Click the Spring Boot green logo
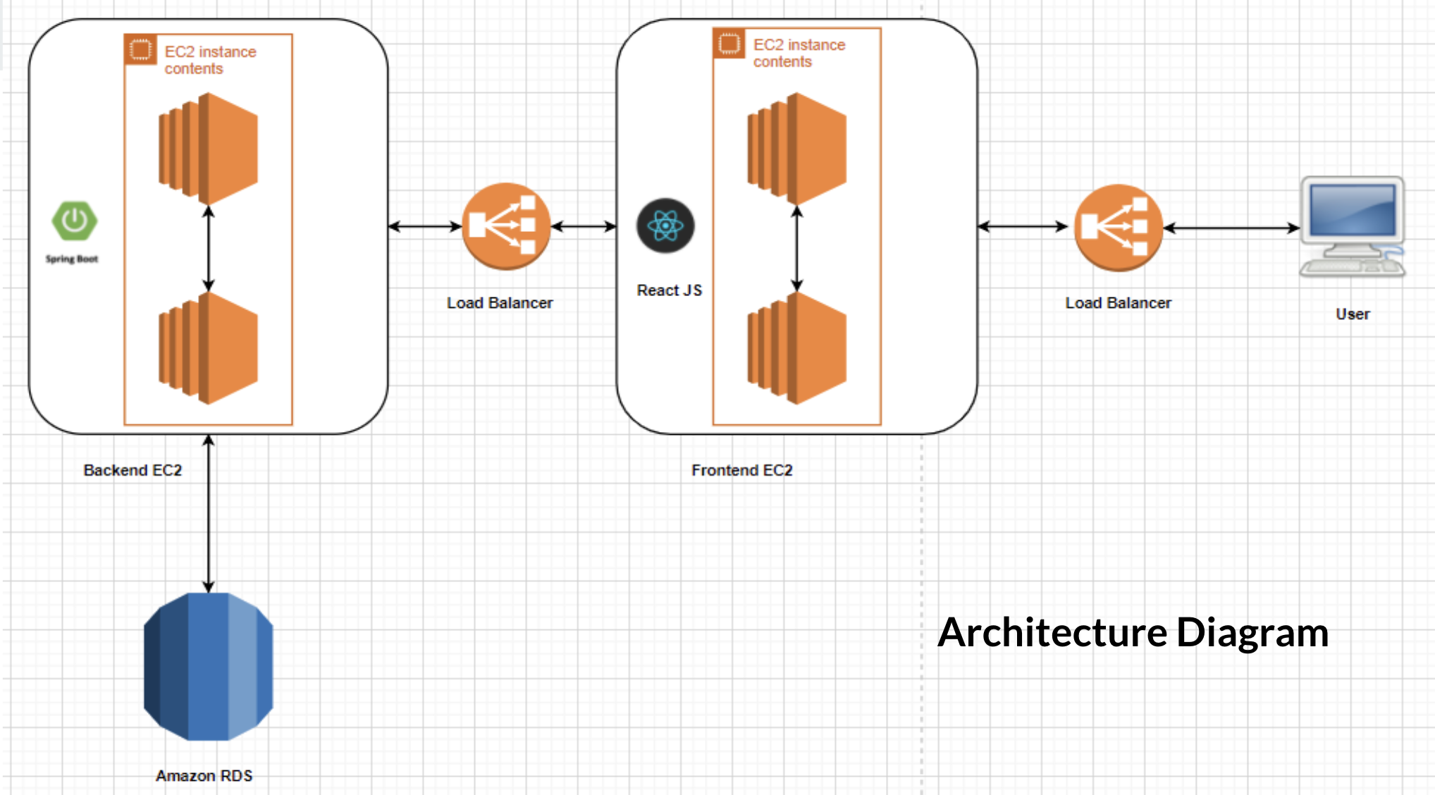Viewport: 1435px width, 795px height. click(x=74, y=221)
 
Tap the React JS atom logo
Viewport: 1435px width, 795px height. click(x=665, y=226)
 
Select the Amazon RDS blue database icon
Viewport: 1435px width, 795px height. click(x=208, y=667)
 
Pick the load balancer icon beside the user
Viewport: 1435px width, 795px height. click(x=1118, y=227)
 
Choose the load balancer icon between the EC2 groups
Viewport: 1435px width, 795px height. click(x=505, y=226)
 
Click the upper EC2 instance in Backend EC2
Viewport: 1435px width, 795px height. click(x=209, y=149)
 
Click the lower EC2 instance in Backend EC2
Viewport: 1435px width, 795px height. click(x=209, y=348)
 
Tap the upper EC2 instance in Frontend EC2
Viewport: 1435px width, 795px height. click(x=797, y=149)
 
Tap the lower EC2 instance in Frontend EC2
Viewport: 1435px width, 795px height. click(x=797, y=348)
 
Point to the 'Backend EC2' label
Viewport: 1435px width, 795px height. click(x=133, y=470)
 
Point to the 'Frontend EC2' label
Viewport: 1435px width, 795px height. click(x=741, y=470)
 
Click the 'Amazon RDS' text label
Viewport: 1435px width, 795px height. click(x=204, y=775)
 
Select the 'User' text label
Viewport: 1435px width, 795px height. click(x=1353, y=314)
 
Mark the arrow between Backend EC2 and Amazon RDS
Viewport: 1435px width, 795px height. click(x=209, y=514)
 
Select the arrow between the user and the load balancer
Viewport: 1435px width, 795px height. click(x=1231, y=228)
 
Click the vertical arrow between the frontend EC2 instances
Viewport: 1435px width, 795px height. click(x=797, y=248)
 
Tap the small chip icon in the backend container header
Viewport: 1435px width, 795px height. click(x=140, y=50)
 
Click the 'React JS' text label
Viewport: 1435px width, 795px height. click(x=669, y=290)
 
